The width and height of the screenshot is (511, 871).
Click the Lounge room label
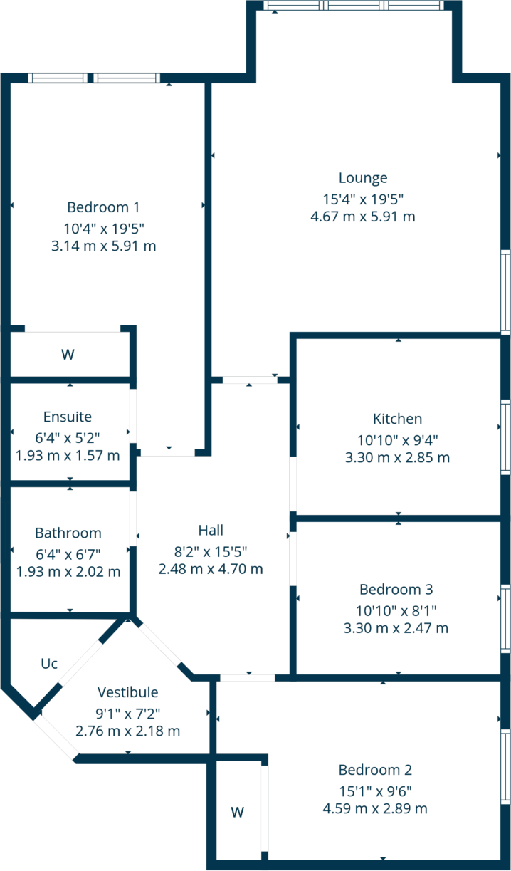point(363,178)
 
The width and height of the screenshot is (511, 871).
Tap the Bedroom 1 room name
point(103,207)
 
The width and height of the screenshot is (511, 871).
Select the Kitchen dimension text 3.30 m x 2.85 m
point(397,458)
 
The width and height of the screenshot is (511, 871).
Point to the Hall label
point(211,530)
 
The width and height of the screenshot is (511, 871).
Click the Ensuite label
point(68,417)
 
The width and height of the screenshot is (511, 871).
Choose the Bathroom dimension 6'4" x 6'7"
point(68,552)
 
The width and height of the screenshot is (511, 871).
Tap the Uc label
point(48,664)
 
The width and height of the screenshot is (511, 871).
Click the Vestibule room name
point(127,692)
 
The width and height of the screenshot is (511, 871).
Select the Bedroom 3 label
point(396,590)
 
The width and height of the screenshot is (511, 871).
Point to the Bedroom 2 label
point(375,770)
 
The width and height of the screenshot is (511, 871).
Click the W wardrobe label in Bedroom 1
point(68,354)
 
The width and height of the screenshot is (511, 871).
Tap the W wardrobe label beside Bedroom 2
point(238,811)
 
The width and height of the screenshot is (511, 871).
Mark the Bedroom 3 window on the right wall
point(505,618)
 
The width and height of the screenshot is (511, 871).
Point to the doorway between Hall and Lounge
point(249,380)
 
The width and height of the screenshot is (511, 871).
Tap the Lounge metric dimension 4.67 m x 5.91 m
point(363,217)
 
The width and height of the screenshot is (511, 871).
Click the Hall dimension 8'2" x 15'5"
point(211,551)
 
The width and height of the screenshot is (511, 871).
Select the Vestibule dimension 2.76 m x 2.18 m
point(127,731)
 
